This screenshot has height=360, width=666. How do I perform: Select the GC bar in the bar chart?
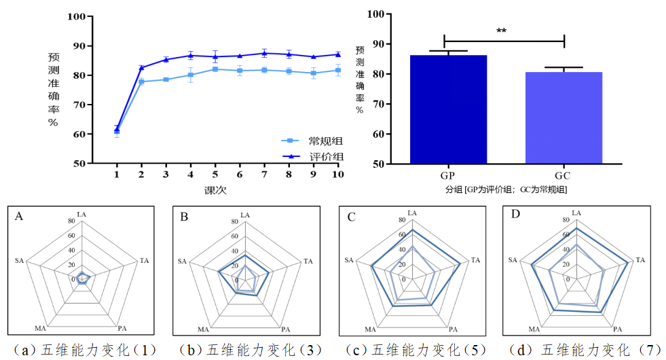[563, 117]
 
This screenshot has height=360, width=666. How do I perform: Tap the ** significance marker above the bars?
[502, 31]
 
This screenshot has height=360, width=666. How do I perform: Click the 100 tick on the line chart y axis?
[76, 17]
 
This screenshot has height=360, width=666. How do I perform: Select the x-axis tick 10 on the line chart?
[337, 175]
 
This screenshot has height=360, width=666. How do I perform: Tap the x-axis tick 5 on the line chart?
[215, 175]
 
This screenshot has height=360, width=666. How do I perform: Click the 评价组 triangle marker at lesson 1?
[117, 128]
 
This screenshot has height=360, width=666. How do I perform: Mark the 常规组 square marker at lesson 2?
[141, 82]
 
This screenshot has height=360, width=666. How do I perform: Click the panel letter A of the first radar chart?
[19, 217]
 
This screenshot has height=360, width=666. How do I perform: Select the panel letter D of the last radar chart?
[516, 215]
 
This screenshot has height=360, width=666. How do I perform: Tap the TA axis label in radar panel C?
[475, 260]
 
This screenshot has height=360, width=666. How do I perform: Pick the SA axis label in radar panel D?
[513, 259]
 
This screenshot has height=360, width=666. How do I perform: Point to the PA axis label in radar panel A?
[122, 329]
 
